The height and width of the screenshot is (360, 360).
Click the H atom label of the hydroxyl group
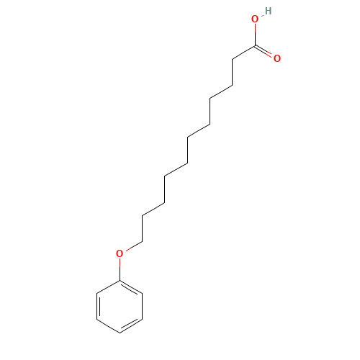[269, 11]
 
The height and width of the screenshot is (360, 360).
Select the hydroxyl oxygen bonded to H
[255, 19]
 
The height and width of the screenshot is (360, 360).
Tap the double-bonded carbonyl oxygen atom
[277, 58]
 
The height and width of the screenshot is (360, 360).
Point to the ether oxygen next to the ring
[120, 253]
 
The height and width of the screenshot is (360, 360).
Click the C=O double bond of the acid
[264, 51]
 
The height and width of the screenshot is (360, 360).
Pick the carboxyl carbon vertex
[255, 45]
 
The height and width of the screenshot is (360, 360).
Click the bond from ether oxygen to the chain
[134, 246]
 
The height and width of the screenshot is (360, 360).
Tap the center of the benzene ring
[120, 307]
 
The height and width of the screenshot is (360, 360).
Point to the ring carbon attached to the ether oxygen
[120, 280]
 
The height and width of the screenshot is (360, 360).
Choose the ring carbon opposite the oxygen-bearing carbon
[120, 333]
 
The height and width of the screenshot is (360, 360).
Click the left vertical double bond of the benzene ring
[98, 307]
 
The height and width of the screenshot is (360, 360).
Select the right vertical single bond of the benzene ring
[143, 307]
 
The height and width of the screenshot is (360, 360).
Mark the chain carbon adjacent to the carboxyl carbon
[233, 59]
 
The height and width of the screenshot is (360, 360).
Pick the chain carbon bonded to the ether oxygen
[142, 241]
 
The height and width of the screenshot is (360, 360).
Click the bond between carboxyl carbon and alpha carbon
[243, 53]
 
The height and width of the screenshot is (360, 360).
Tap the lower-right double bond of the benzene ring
[130, 325]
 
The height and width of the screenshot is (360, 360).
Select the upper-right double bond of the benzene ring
[130, 287]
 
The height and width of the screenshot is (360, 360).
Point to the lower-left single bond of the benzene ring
[108, 326]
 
